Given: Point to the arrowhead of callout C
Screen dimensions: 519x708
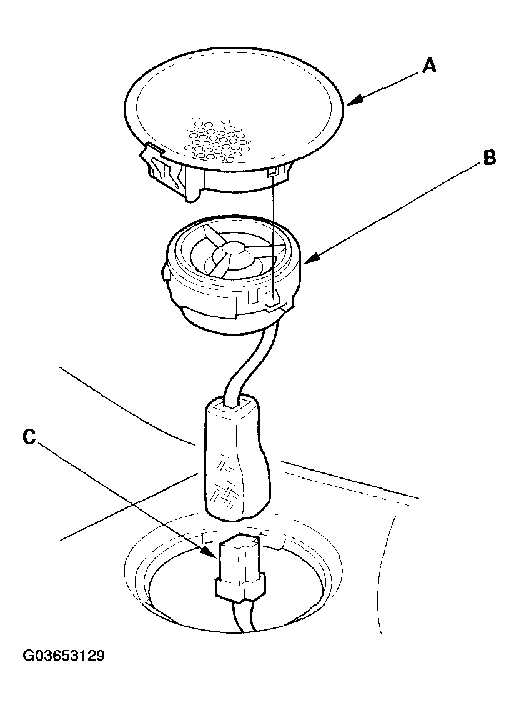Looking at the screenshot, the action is pos(210,551).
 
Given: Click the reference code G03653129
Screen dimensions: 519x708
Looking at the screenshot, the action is pos(64,655).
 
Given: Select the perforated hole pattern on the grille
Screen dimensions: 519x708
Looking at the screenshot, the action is pos(219,138).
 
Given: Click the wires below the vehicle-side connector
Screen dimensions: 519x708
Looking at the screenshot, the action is pos(244,617).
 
